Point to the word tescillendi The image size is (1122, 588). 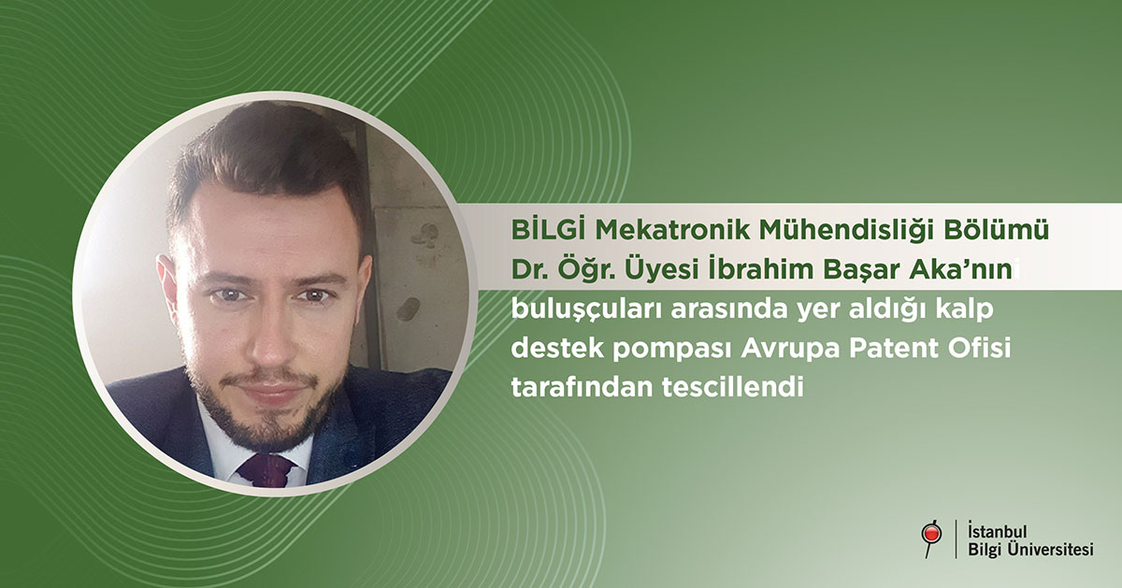click(733, 387)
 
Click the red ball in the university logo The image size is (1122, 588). click(932, 534)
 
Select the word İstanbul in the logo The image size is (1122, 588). click(998, 531)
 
